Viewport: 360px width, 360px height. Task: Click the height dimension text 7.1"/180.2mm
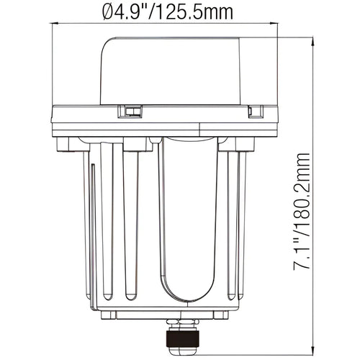point(301,212)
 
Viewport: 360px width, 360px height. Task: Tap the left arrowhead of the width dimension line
point(55,23)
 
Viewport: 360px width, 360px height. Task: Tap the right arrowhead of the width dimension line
point(274,23)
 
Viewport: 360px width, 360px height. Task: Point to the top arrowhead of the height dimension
point(312,41)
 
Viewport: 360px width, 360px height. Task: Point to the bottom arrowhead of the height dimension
point(312,351)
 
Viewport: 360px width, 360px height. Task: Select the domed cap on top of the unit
point(171,71)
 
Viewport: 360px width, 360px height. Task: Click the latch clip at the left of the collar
point(130,112)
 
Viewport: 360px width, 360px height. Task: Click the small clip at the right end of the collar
point(256,112)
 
